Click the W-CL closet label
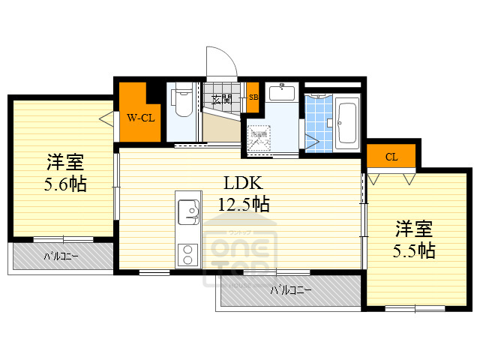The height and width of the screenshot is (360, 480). (x=140, y=117)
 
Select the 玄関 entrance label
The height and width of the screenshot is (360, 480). (x=221, y=98)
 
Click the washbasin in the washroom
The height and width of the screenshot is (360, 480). (x=281, y=94)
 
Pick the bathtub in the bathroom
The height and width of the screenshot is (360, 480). (x=347, y=121)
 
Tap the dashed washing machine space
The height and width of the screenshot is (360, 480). (x=260, y=136)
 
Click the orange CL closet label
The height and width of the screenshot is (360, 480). (x=391, y=157)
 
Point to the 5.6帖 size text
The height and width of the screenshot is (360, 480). (x=65, y=184)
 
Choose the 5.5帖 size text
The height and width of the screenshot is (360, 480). (x=414, y=250)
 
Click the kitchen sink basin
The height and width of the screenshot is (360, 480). (x=190, y=211)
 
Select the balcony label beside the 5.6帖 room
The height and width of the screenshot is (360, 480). (x=61, y=256)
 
